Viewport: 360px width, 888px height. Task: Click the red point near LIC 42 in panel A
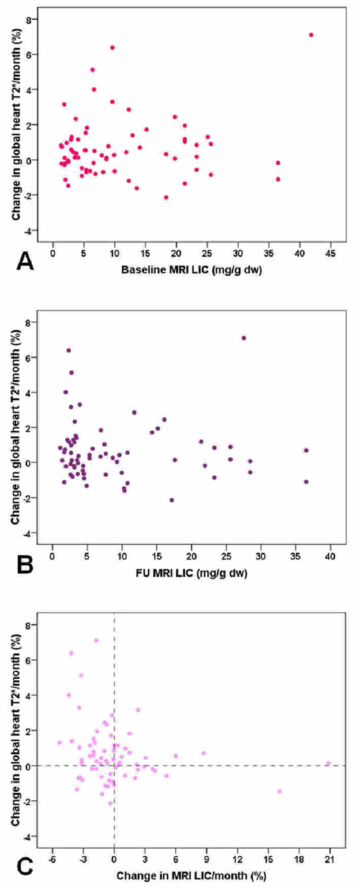coord(312,35)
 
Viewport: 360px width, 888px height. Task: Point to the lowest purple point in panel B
coord(172,500)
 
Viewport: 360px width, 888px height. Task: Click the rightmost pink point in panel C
coord(329,763)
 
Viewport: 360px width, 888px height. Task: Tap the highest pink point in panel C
coord(96,640)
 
